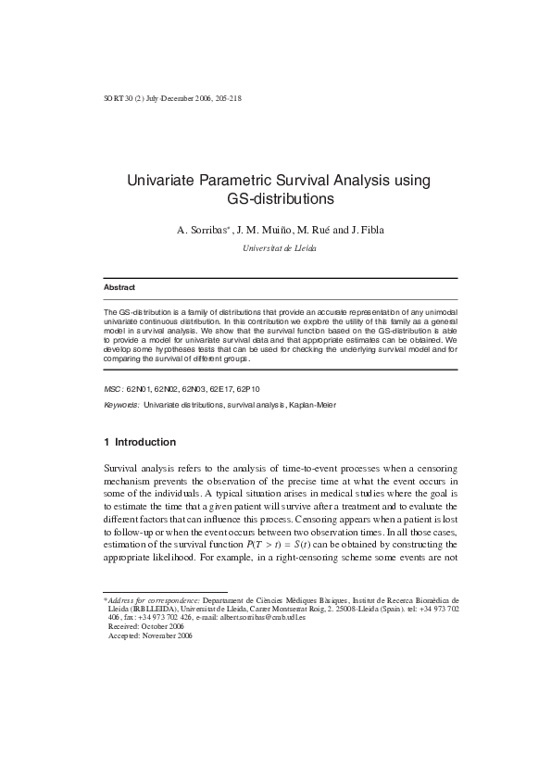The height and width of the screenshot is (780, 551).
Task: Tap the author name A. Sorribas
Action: coord(203,230)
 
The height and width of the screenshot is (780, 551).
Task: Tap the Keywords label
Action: coord(121,406)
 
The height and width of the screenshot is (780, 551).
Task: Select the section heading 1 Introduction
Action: coord(140,442)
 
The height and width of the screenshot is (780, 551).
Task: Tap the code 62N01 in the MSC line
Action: coord(139,390)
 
